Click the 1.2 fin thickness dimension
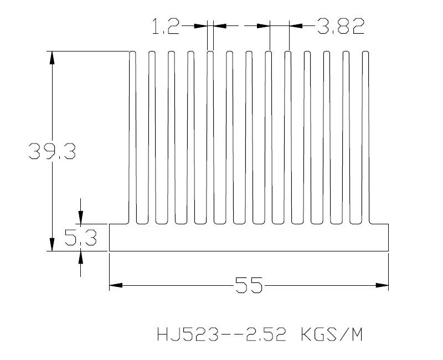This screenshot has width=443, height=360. pyautogui.click(x=166, y=26)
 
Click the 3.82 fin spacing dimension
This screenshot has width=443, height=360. pyautogui.click(x=341, y=26)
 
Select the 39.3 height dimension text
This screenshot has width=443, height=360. pyautogui.click(x=52, y=151)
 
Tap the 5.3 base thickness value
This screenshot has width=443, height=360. pyautogui.click(x=81, y=238)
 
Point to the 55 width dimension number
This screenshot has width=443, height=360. pyautogui.click(x=249, y=286)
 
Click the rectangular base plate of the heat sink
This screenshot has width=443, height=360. pyautogui.click(x=249, y=238)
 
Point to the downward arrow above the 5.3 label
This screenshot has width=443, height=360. pyautogui.click(x=81, y=218)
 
